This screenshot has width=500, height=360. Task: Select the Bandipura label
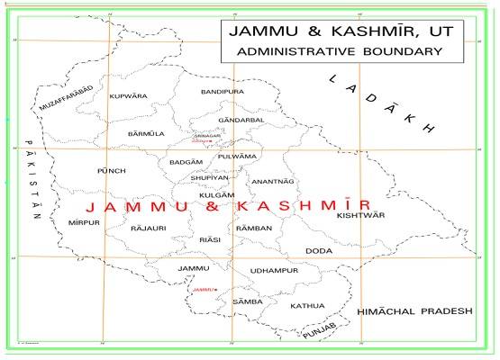[223, 92]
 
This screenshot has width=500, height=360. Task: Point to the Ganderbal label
[241, 120]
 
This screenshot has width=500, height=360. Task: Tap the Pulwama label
[237, 157]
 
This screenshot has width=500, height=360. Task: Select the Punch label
[111, 170]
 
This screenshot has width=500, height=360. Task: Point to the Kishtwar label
[360, 215]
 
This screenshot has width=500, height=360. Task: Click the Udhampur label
[274, 271]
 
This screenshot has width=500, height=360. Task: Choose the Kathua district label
[307, 306]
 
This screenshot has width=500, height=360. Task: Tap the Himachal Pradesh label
[414, 310]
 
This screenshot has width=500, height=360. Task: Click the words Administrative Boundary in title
[339, 51]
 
